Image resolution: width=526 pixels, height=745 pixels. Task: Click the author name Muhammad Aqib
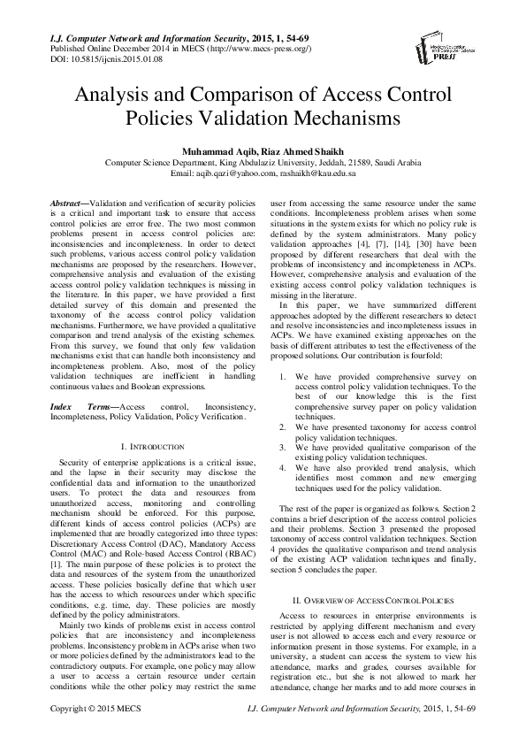[x=217, y=151]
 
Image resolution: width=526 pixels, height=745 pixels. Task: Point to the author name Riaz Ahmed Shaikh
[x=296, y=151]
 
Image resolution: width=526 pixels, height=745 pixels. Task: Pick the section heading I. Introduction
[x=153, y=448]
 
